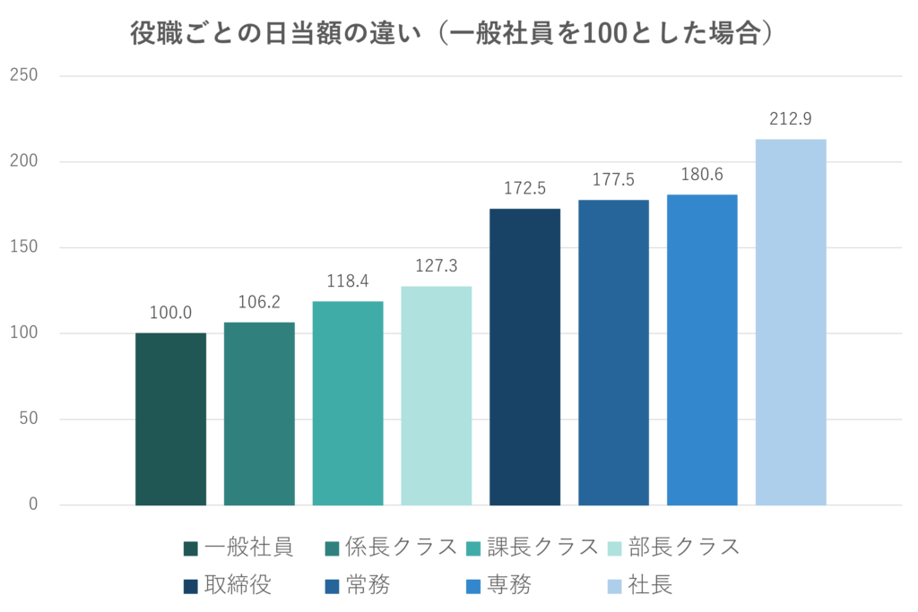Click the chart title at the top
453,35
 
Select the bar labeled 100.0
170,419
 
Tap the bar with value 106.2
259,414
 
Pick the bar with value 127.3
437,396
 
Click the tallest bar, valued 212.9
791,323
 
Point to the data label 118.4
348,281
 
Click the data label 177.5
613,180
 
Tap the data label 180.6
702,175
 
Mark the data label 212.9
790,119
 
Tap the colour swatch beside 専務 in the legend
471,587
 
